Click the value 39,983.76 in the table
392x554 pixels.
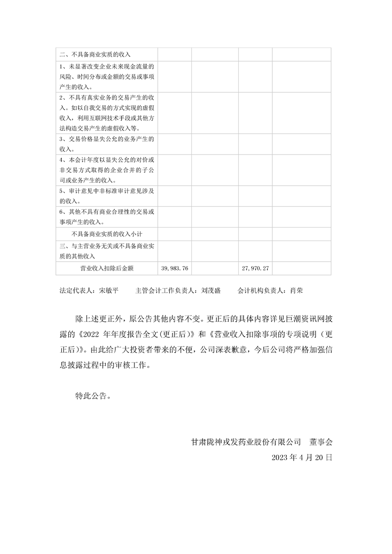[x=174, y=269]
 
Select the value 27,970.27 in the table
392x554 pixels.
[x=256, y=269]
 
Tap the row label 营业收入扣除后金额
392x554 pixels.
[x=107, y=269]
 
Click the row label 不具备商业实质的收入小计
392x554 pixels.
[x=107, y=234]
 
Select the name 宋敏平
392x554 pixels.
[x=109, y=291]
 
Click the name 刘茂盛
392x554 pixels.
[x=211, y=291]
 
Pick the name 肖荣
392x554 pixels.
[x=297, y=291]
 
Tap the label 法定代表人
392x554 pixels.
[x=76, y=291]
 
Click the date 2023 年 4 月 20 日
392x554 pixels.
[x=302, y=458]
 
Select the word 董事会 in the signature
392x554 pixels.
[x=322, y=442]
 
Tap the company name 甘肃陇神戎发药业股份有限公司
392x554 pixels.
[x=246, y=442]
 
